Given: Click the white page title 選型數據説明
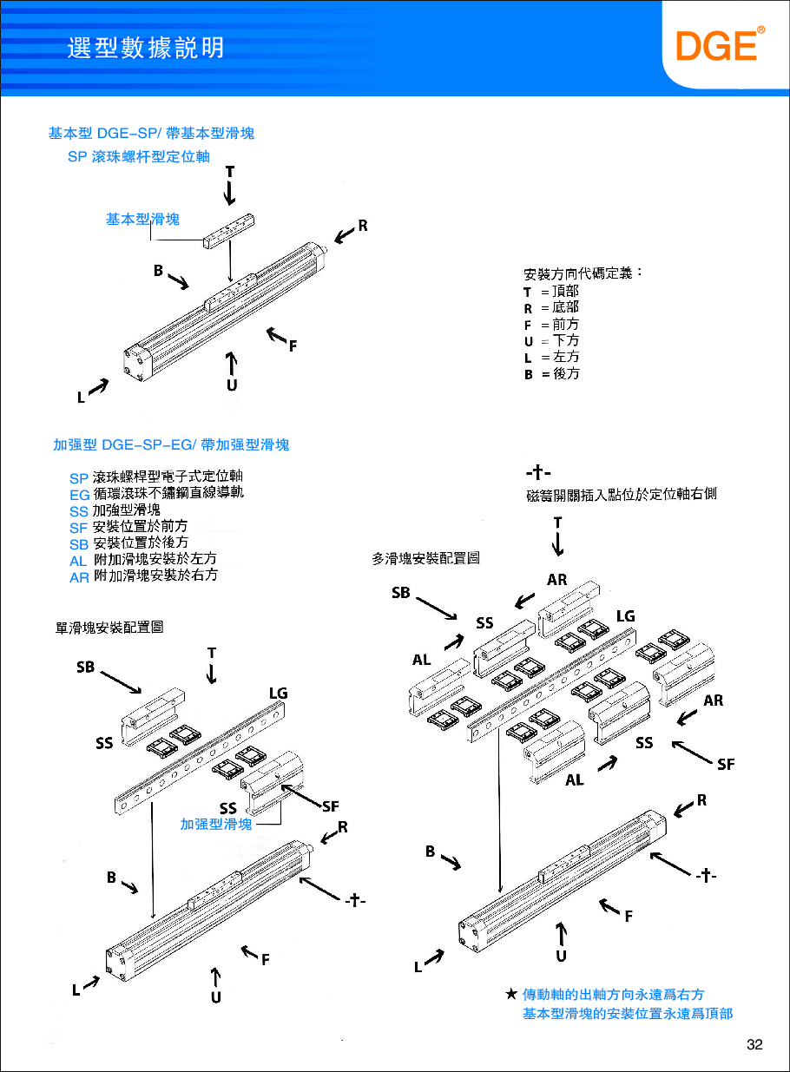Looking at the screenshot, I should (146, 47).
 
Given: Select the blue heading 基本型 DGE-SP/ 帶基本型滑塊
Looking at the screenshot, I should (151, 134).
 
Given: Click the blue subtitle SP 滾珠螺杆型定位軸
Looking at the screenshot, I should (139, 157).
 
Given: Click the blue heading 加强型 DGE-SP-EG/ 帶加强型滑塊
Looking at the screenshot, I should (171, 445).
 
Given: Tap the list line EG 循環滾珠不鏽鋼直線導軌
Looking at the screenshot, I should (156, 493).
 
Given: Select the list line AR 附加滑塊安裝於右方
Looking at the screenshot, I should (143, 575).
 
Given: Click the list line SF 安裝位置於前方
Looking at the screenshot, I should (128, 526).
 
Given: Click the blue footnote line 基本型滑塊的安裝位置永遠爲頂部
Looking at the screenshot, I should (627, 1014).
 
